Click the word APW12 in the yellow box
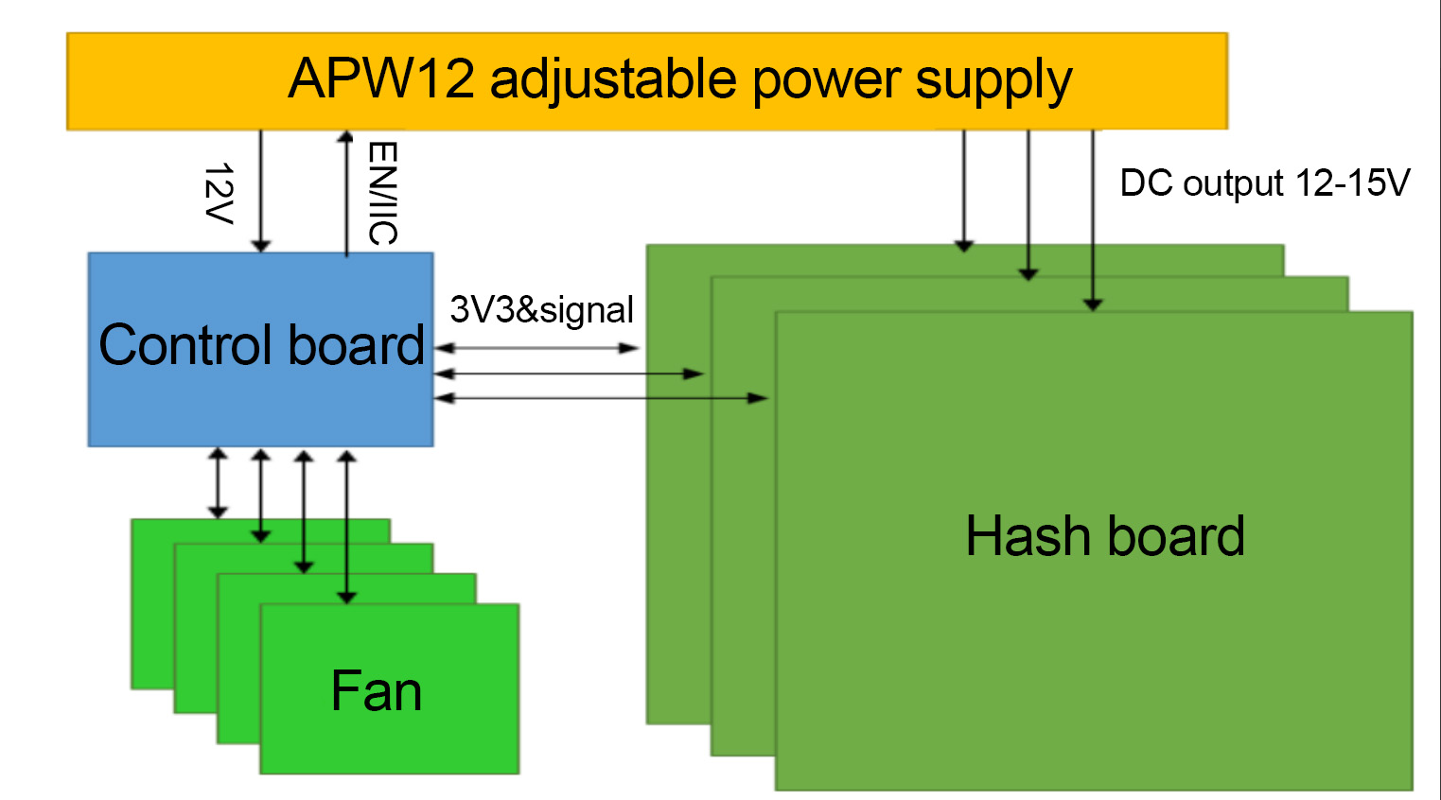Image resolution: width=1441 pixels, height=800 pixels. point(380,78)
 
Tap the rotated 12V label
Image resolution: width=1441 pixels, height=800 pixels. point(219,193)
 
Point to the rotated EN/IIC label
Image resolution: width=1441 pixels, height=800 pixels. point(382,193)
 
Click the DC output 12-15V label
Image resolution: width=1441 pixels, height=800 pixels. point(1264,183)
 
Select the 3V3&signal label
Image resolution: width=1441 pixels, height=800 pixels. point(541,310)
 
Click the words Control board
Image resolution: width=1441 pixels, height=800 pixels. point(261,345)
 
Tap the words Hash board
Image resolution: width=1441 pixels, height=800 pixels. point(1104,536)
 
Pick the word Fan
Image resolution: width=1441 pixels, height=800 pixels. point(376,691)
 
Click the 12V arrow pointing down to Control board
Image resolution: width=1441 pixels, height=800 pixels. point(261,189)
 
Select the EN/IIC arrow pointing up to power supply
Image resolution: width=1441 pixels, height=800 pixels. point(346,193)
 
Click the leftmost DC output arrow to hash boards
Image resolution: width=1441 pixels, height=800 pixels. point(963,189)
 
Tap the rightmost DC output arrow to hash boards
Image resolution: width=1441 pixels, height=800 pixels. point(1093,217)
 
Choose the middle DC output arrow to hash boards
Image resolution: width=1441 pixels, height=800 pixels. point(1028,203)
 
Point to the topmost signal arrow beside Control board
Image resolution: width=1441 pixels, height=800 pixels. point(536,348)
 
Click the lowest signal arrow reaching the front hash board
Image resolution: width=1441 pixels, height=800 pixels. point(601,398)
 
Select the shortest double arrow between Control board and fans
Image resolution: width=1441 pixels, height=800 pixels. point(218,483)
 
